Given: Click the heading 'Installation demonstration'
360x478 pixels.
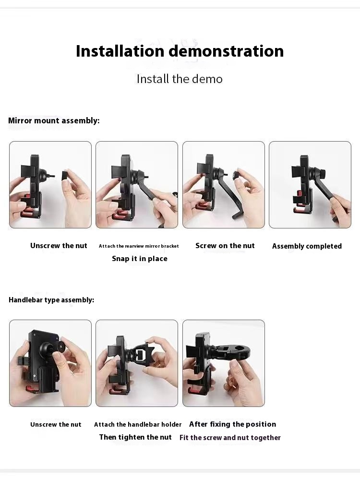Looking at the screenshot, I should (x=180, y=51).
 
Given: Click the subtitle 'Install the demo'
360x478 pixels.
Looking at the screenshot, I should (x=180, y=79).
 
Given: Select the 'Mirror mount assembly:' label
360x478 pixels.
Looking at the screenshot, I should (x=54, y=120).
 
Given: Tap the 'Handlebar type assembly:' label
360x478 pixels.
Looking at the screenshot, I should (x=51, y=300).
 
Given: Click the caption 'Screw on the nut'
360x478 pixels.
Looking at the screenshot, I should (x=225, y=246).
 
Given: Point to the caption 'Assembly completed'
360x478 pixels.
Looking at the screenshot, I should (x=307, y=246).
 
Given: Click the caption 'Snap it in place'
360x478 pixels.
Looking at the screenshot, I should (x=140, y=259).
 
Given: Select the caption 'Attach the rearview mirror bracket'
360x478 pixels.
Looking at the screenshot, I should (x=139, y=246).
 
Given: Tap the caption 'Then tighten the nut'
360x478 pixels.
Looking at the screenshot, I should (x=135, y=437).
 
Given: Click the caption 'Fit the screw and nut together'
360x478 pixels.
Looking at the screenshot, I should (x=230, y=438).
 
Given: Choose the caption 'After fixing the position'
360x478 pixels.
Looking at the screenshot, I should (x=232, y=424).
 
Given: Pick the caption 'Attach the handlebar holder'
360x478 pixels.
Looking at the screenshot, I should (x=138, y=425).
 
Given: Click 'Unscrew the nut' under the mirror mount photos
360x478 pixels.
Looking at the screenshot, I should (x=59, y=246).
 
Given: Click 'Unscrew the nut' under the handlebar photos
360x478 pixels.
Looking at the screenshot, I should (x=56, y=425).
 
